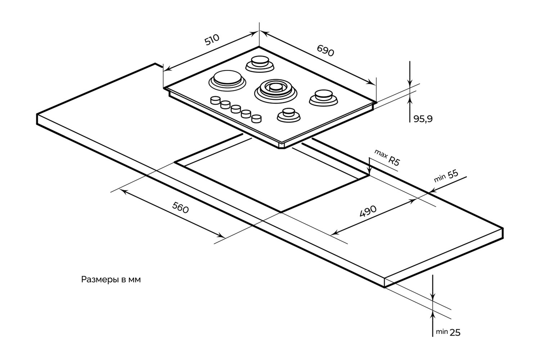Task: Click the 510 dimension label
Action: point(212,40)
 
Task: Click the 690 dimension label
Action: point(325,51)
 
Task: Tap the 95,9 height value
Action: point(422,119)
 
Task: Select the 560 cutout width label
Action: point(180,208)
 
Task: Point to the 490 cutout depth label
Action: point(368,211)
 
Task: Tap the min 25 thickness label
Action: point(448,332)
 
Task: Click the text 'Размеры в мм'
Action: point(111,280)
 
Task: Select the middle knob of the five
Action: point(236,109)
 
